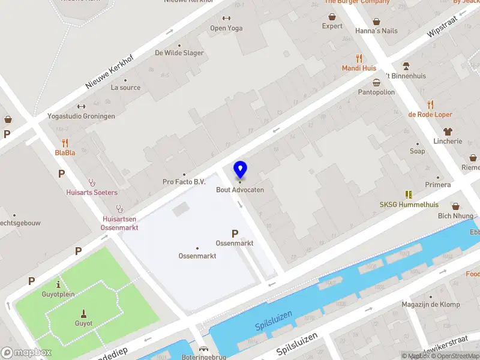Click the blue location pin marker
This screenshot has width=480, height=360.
tap(240, 170)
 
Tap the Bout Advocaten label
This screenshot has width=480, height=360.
tap(240, 190)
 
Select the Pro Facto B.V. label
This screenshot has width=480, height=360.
tap(184, 182)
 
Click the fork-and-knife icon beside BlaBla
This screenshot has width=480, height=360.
tap(65, 143)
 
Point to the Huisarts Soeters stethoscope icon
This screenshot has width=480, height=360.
tap(92, 182)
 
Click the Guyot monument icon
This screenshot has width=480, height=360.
tap(84, 313)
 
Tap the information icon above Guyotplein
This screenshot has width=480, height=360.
tap(58, 284)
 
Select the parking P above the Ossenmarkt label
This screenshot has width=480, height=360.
tap(235, 233)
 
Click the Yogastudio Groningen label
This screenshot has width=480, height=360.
tap(81, 116)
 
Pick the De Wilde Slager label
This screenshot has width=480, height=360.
tap(179, 53)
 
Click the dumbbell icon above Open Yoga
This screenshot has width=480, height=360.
tap(226, 19)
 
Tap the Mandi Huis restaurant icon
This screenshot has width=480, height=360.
tap(359, 58)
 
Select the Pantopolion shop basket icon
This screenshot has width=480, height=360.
tap(376, 83)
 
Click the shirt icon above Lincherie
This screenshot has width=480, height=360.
tap(448, 131)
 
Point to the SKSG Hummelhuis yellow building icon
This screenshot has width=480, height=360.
tap(409, 194)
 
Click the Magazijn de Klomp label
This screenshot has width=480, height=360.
tap(431, 305)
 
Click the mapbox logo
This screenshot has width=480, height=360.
tap(26, 353)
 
